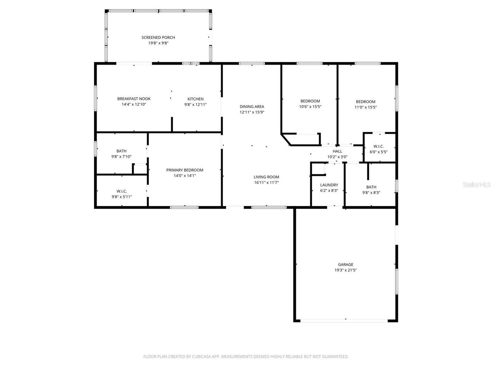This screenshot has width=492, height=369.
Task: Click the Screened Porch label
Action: [158, 37]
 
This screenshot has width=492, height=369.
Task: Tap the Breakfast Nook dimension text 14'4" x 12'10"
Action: [134, 104]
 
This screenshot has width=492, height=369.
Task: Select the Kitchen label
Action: [196, 99]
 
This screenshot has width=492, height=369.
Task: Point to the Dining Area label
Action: [252, 106]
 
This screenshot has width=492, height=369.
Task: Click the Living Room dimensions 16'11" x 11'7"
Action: [266, 182]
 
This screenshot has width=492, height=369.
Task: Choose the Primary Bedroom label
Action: [185, 170]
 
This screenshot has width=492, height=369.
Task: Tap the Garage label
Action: [346, 264]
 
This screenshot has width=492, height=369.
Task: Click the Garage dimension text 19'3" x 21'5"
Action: [346, 270]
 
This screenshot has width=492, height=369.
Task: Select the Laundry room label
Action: [329, 185]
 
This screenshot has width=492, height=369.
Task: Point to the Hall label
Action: [337, 151]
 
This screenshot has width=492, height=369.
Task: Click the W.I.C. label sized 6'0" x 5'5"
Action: [379, 146]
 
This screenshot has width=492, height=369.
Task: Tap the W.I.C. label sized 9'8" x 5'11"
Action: [122, 191]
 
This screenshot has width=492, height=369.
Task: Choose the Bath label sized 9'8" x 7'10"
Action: [121, 151]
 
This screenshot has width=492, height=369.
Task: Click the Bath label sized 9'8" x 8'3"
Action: [371, 187]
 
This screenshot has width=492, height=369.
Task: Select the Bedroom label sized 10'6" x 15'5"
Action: [310, 101]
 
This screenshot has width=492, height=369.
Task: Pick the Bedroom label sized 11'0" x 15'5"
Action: [366, 101]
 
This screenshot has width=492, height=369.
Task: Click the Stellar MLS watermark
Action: [477, 184]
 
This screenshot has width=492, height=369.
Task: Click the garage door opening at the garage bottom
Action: [344, 321]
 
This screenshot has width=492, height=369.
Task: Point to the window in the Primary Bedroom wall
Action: [184, 208]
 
